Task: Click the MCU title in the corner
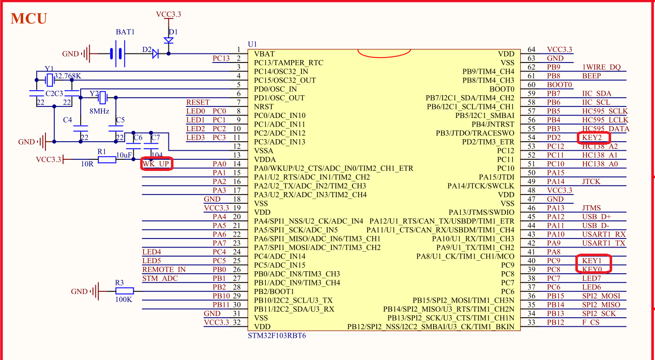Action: pyautogui.click(x=29, y=19)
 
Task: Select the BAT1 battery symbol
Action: pyautogui.click(x=117, y=53)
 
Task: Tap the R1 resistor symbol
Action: pyautogui.click(x=107, y=160)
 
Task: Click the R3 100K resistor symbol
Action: pyautogui.click(x=124, y=291)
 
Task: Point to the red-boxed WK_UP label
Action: pyautogui.click(x=157, y=164)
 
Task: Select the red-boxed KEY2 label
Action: pyautogui.click(x=593, y=138)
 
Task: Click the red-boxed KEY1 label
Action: pyautogui.click(x=592, y=261)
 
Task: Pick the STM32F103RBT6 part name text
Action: pyautogui.click(x=277, y=335)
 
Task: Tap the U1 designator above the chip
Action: pyautogui.click(x=253, y=44)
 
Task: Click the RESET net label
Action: pyautogui.click(x=198, y=102)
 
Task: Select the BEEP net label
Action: pyautogui.click(x=591, y=76)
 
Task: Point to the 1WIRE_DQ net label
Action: pyautogui.click(x=602, y=67)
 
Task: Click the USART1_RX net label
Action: pyautogui.click(x=604, y=234)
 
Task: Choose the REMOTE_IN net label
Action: pyautogui.click(x=164, y=270)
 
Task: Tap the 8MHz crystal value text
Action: pyautogui.click(x=99, y=111)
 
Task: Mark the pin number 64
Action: pyautogui.click(x=531, y=49)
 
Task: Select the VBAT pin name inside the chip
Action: pyautogui.click(x=265, y=54)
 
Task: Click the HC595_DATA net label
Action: pyautogui.click(x=605, y=129)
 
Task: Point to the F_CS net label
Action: pyautogui.click(x=591, y=322)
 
